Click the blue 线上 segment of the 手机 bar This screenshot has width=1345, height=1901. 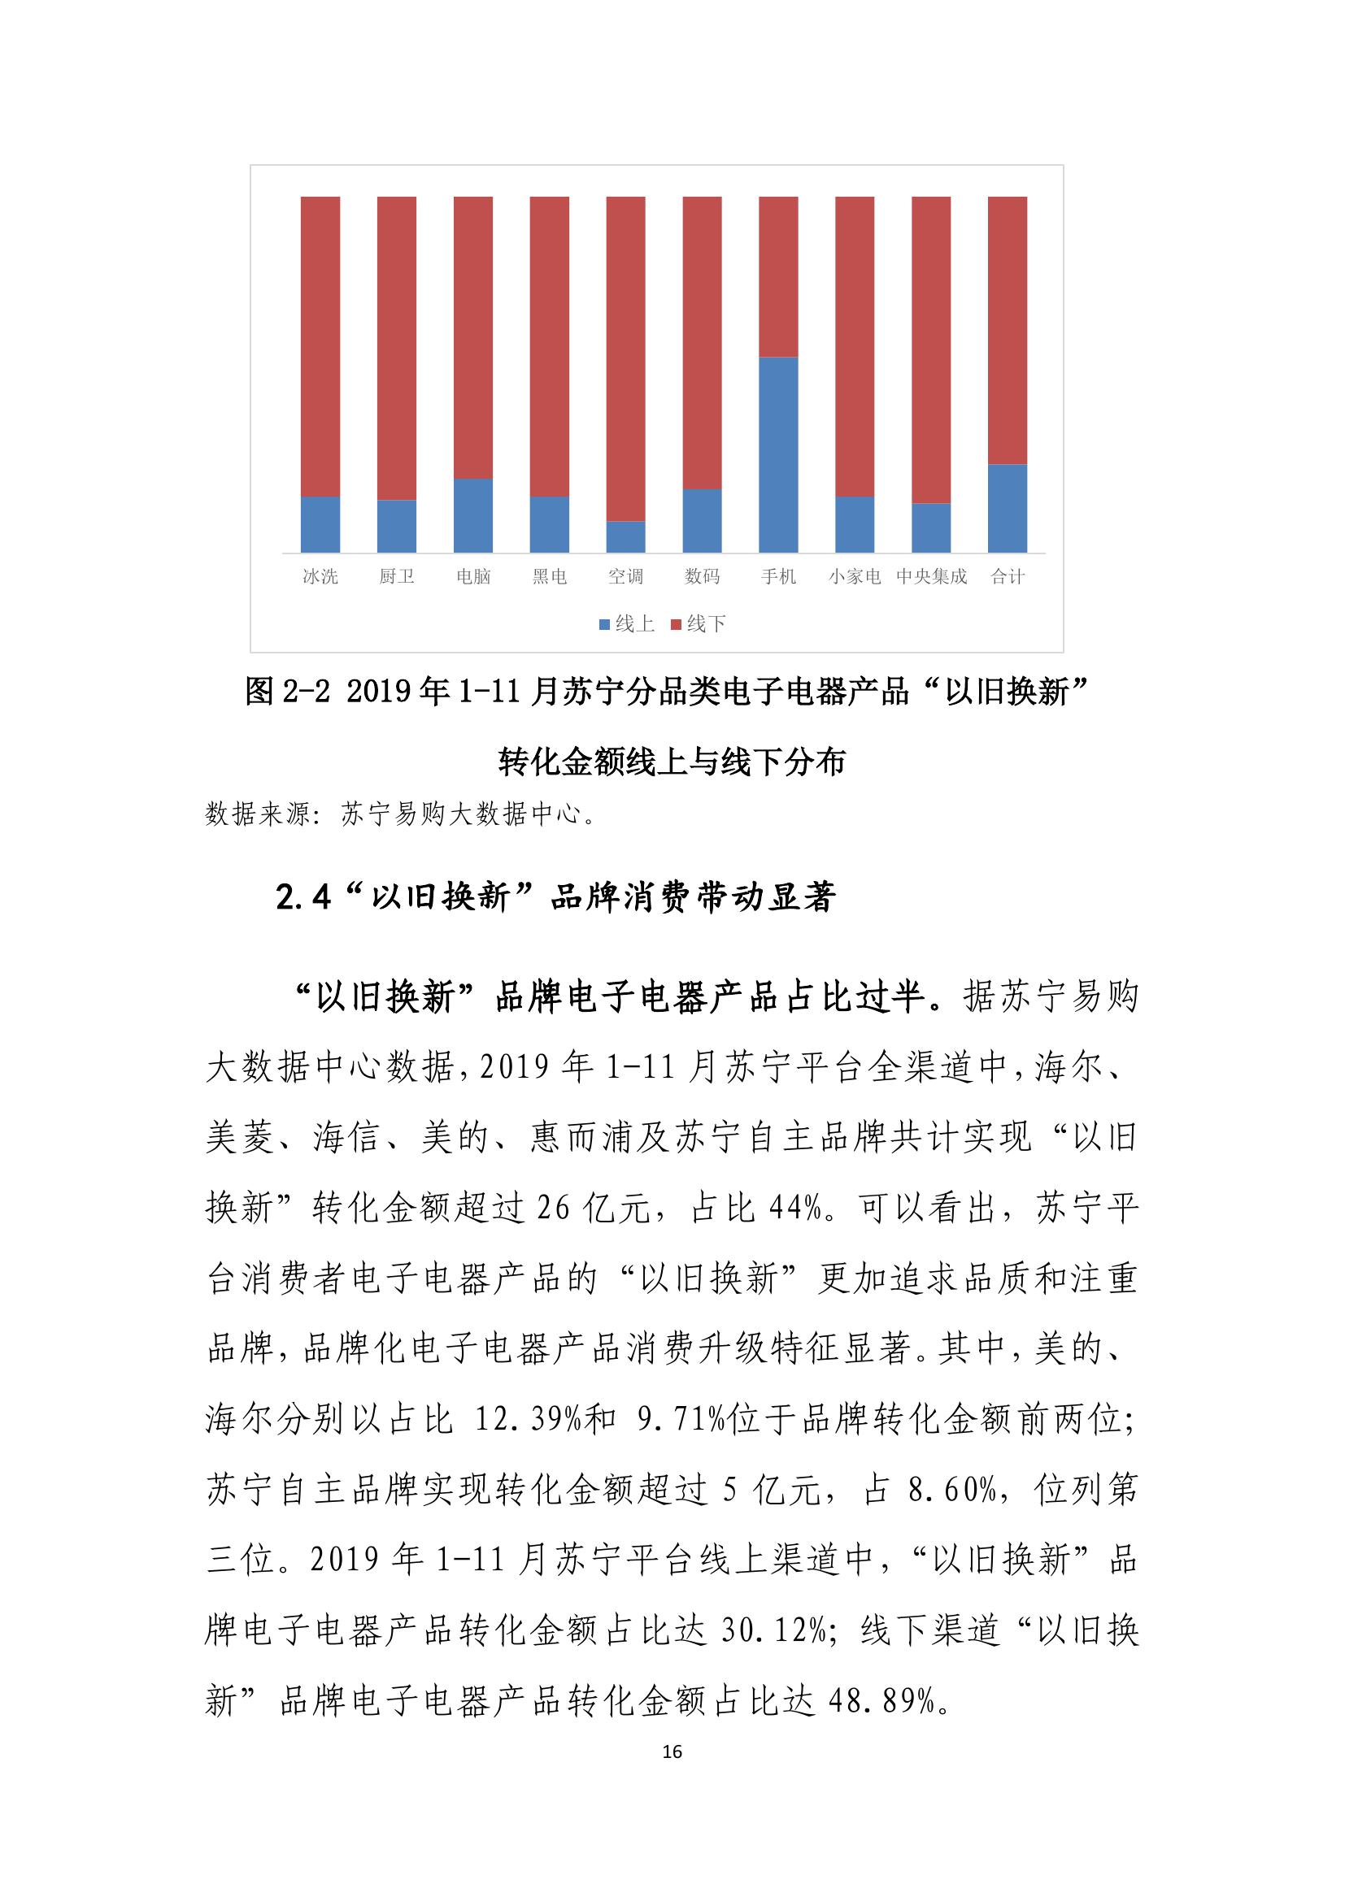[777, 454]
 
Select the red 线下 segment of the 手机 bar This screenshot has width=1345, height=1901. [777, 276]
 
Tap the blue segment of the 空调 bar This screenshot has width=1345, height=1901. [625, 536]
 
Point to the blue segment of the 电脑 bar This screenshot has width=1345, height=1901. [473, 515]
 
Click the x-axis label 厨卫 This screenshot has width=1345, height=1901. [397, 576]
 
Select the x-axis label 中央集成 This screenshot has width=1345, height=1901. [931, 576]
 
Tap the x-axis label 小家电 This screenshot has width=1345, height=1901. [854, 576]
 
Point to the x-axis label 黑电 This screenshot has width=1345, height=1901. [549, 576]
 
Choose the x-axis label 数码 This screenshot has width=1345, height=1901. [702, 576]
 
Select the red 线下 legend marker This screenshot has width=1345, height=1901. [676, 624]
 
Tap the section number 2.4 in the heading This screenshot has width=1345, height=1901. [303, 897]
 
